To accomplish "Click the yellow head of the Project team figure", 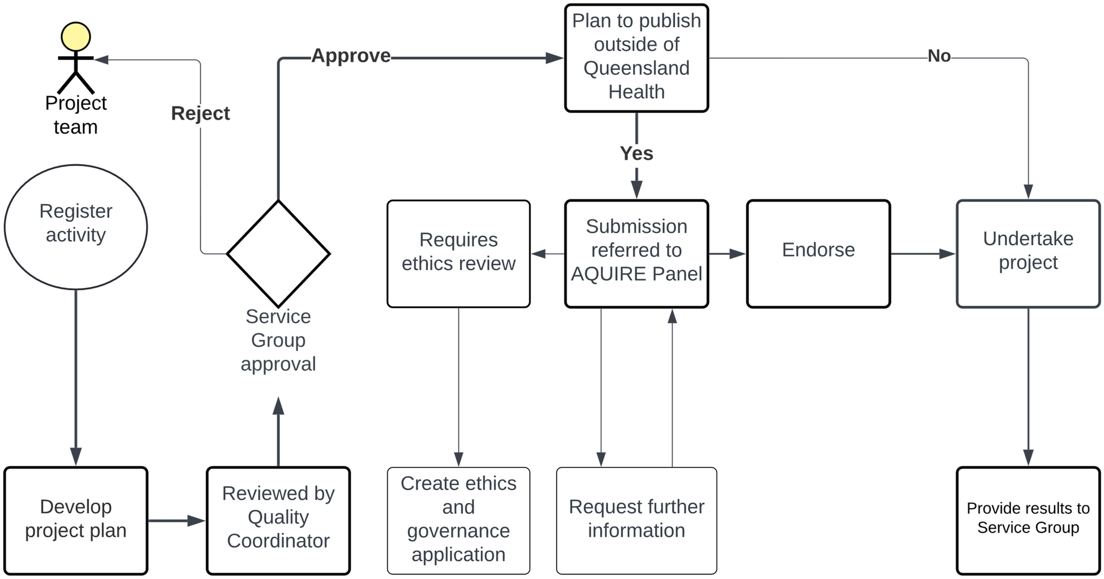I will [75, 37].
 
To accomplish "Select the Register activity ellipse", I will [75, 227].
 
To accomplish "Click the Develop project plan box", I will [75, 520].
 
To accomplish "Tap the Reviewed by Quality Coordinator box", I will [278, 520].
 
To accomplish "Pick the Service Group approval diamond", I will [278, 254].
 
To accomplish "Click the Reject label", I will [200, 113].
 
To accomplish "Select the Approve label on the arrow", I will [351, 56].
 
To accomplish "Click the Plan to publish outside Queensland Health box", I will [636, 58].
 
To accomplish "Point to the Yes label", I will [636, 154].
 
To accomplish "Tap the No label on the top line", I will [939, 56].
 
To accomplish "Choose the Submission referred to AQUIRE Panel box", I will [636, 253].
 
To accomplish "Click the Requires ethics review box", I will [458, 253].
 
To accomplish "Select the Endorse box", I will [818, 253].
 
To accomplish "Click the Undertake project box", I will [1027, 253].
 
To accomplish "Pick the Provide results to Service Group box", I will [1027, 520].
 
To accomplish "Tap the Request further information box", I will [636, 520].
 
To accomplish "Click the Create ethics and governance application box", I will [458, 520].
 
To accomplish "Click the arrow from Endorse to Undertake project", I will [923, 254].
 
